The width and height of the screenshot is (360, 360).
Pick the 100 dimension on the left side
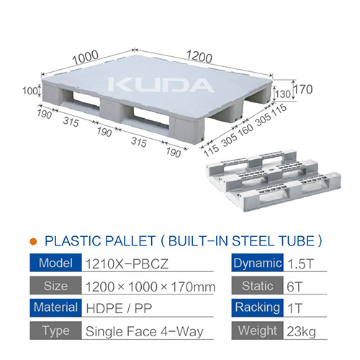pyautogui.click(x=27, y=91)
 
